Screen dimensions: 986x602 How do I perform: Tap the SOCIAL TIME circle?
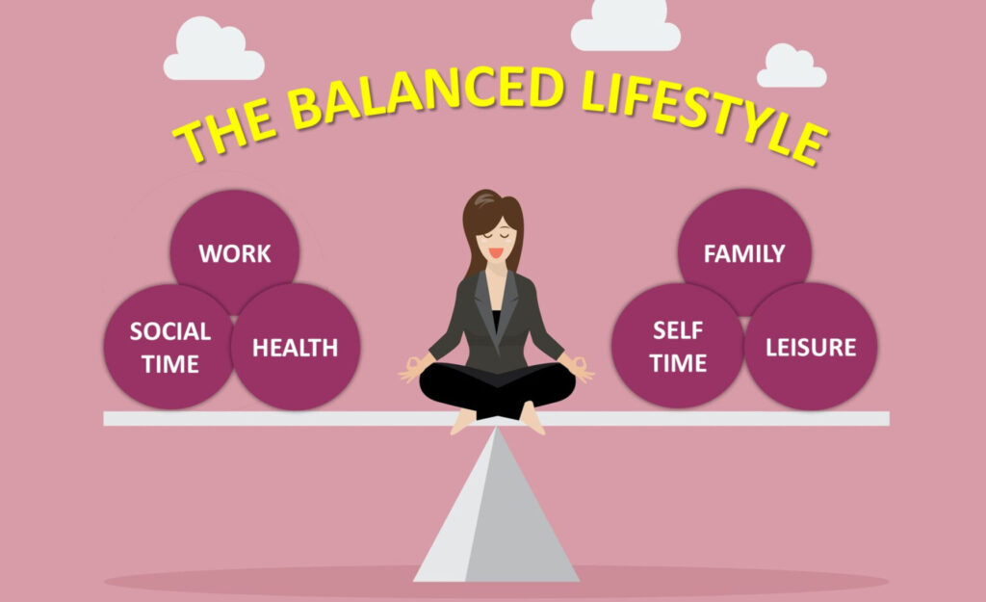169,347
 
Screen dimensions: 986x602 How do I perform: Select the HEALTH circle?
296,347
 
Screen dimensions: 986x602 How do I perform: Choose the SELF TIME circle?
677,346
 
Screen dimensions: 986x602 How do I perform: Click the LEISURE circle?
811,347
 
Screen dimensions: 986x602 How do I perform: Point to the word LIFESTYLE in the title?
703,114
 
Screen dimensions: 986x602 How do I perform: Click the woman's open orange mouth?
496,253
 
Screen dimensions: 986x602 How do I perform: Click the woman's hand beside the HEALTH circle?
412,369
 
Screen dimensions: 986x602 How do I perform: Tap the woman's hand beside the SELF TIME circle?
581,369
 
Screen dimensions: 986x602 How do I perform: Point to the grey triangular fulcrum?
496,510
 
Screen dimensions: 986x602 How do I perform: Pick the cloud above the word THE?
214,50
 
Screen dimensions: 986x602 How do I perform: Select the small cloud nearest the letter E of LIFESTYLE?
791,66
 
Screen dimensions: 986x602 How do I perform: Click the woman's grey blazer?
496,321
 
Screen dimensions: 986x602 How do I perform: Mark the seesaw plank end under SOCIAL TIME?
106,418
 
